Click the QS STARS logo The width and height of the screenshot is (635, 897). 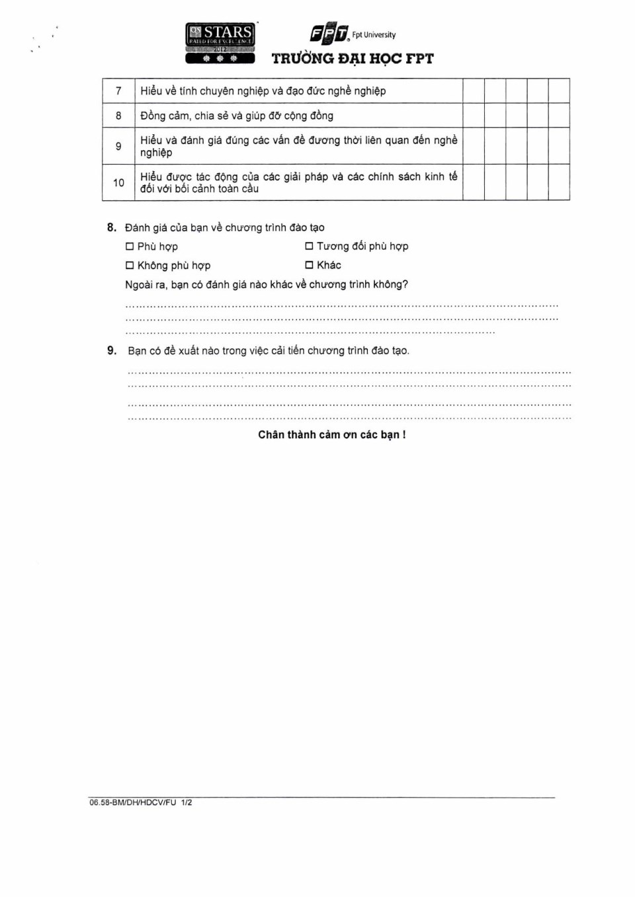220,44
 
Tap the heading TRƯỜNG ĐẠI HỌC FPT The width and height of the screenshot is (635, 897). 353,59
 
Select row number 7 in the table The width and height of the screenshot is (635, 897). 118,91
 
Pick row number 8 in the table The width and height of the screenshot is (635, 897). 118,116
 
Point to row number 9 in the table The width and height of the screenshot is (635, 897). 118,146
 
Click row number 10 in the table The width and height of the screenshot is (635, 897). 118,182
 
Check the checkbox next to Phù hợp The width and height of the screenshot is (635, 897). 130,247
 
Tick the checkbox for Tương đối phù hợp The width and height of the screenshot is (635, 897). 309,246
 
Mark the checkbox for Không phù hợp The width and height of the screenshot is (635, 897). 130,266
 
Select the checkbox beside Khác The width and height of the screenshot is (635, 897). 309,265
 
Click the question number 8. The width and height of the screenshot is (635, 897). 112,227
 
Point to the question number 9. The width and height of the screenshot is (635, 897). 112,350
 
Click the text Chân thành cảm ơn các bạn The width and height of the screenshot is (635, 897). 331,434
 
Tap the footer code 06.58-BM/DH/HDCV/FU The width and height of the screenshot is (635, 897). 133,802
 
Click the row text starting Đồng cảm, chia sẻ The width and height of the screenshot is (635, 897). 237,116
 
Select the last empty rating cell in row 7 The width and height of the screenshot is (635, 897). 559,91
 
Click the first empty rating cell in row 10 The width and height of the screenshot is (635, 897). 474,182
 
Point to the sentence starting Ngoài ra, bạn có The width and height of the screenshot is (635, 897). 267,284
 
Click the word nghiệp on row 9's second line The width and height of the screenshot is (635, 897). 156,153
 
